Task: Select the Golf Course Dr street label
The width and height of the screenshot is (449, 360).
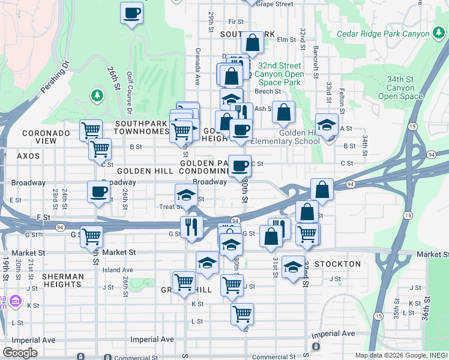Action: click(x=129, y=93)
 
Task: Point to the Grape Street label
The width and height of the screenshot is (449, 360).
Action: click(x=274, y=4)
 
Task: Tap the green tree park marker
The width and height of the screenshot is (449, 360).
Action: click(x=97, y=95)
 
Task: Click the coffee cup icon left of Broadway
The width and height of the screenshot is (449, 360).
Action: click(x=99, y=192)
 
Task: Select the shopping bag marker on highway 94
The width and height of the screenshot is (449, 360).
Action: click(x=322, y=188)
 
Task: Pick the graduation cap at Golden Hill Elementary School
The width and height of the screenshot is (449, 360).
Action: click(x=327, y=125)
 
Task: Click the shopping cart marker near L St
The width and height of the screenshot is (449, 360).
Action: click(x=242, y=313)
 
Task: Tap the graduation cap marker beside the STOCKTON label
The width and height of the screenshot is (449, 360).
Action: click(x=293, y=266)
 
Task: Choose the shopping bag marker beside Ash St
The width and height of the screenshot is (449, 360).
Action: click(x=283, y=112)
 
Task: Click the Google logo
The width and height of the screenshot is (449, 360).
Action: click(x=20, y=353)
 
